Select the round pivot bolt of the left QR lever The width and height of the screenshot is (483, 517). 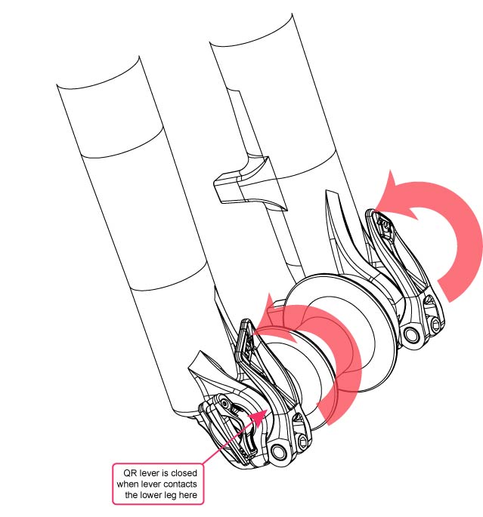(x=281, y=451)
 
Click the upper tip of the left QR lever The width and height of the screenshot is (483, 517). (x=244, y=325)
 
